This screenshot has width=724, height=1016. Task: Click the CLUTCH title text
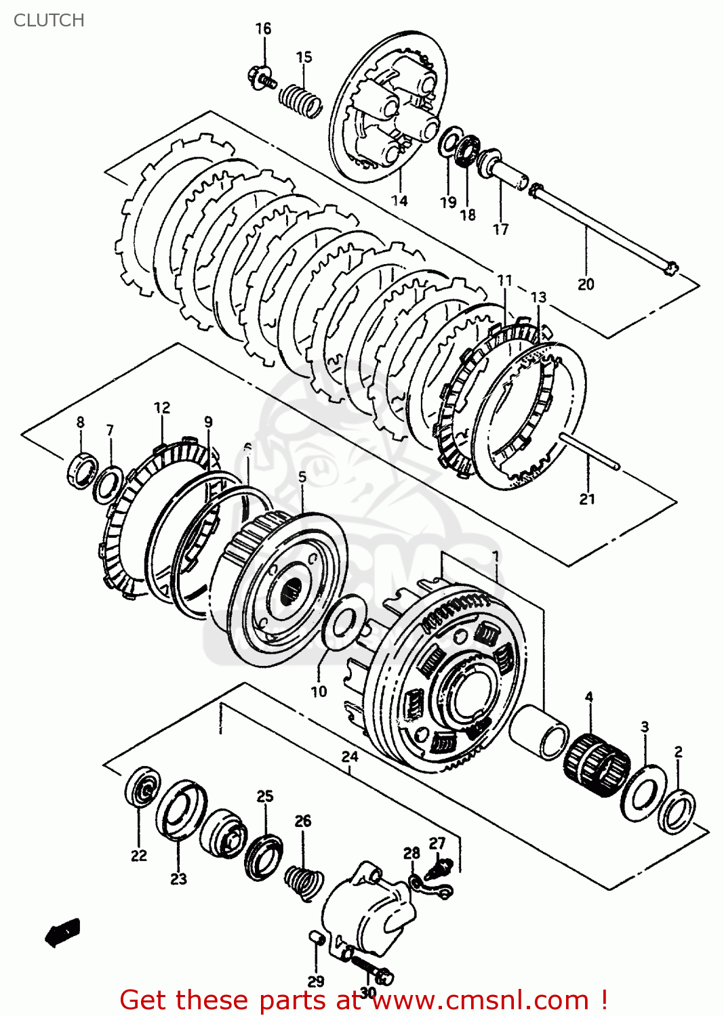(x=49, y=20)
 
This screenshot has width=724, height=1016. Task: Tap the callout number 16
(x=263, y=28)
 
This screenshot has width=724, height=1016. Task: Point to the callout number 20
(x=586, y=284)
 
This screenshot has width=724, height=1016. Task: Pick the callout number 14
(x=399, y=200)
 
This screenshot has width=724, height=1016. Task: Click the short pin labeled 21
(x=590, y=450)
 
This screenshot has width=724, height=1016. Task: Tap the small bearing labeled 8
(x=83, y=469)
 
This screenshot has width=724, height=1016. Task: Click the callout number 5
(x=302, y=477)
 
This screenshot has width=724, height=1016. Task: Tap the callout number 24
(x=350, y=757)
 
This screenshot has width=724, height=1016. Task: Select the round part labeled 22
(x=142, y=787)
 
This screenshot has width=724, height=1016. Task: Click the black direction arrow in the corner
(x=62, y=933)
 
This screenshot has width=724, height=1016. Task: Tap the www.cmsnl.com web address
(x=480, y=1000)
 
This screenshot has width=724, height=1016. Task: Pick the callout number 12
(x=162, y=408)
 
